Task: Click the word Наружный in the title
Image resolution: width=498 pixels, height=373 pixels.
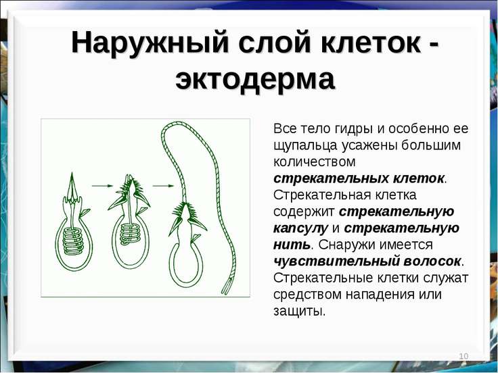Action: [x=150, y=42]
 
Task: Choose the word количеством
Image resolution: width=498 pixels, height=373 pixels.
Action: [x=315, y=161]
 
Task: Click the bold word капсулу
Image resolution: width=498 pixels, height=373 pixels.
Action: [x=300, y=228]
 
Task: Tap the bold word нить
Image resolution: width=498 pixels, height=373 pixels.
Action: [x=291, y=245]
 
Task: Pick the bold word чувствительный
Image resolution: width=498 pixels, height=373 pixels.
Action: [x=337, y=262]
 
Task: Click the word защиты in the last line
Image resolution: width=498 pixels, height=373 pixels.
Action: [x=298, y=312]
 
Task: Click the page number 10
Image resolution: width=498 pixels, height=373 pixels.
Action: [x=463, y=356]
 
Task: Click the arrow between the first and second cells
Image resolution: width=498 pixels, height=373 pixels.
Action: [x=102, y=186]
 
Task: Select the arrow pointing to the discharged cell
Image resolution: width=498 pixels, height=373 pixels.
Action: [x=163, y=186]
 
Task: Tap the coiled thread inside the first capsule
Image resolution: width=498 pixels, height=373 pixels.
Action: [x=72, y=241]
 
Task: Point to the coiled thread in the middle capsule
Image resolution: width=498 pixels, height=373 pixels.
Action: [x=131, y=234]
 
